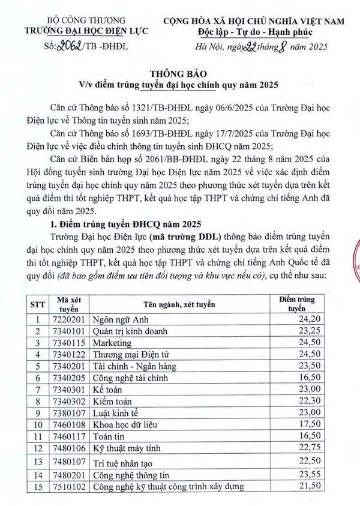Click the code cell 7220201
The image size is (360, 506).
point(65,320)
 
